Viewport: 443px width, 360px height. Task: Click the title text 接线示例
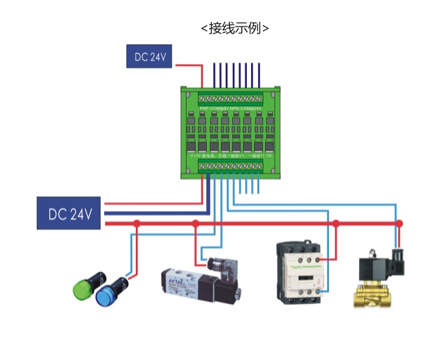click(x=235, y=28)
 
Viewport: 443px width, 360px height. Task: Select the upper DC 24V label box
click(x=149, y=57)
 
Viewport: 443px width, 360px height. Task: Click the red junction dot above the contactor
click(x=335, y=224)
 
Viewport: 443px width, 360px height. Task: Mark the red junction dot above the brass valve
click(x=399, y=224)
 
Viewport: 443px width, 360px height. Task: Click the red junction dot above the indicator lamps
click(x=136, y=224)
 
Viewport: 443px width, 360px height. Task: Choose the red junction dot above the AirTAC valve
click(x=196, y=224)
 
